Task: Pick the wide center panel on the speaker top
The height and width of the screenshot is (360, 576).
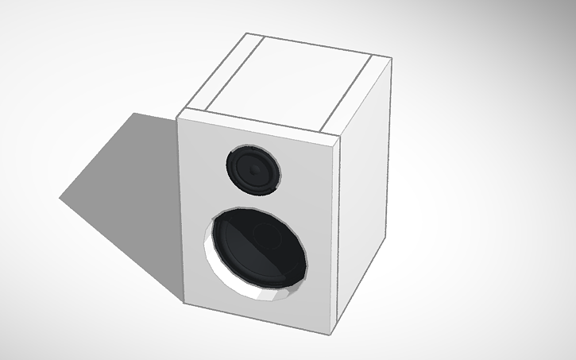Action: click(x=290, y=81)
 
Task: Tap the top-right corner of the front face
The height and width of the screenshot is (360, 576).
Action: click(x=342, y=137)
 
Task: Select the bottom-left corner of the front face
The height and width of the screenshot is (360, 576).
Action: click(x=184, y=304)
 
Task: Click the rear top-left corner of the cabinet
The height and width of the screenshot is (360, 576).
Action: click(x=245, y=33)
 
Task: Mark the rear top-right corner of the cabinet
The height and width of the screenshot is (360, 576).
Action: click(x=391, y=59)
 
